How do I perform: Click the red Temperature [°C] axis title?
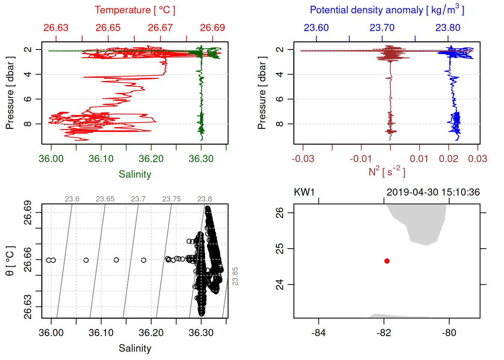[x=135, y=10]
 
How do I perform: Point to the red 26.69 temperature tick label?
[x=212, y=28]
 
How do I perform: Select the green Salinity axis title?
[x=135, y=174]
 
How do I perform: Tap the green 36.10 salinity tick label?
[x=101, y=159]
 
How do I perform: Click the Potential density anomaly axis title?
[x=387, y=10]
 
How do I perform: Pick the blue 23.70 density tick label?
[x=382, y=28]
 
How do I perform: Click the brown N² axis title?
[x=387, y=171]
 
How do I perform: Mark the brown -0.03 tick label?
[x=303, y=159]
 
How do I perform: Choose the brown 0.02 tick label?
[x=448, y=159]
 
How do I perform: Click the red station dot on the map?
[x=387, y=261]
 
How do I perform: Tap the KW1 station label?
[x=304, y=192]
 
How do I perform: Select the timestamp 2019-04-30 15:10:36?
[x=433, y=192]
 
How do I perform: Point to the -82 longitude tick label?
[x=384, y=333]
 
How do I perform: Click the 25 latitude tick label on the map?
[x=280, y=249]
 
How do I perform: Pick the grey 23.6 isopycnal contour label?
[x=72, y=199]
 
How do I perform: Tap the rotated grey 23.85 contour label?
[x=235, y=276]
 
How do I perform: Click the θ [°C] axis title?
[x=10, y=261]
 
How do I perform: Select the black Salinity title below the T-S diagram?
[x=135, y=348]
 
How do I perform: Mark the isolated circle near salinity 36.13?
[x=116, y=260]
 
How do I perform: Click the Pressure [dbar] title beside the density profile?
[x=262, y=93]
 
